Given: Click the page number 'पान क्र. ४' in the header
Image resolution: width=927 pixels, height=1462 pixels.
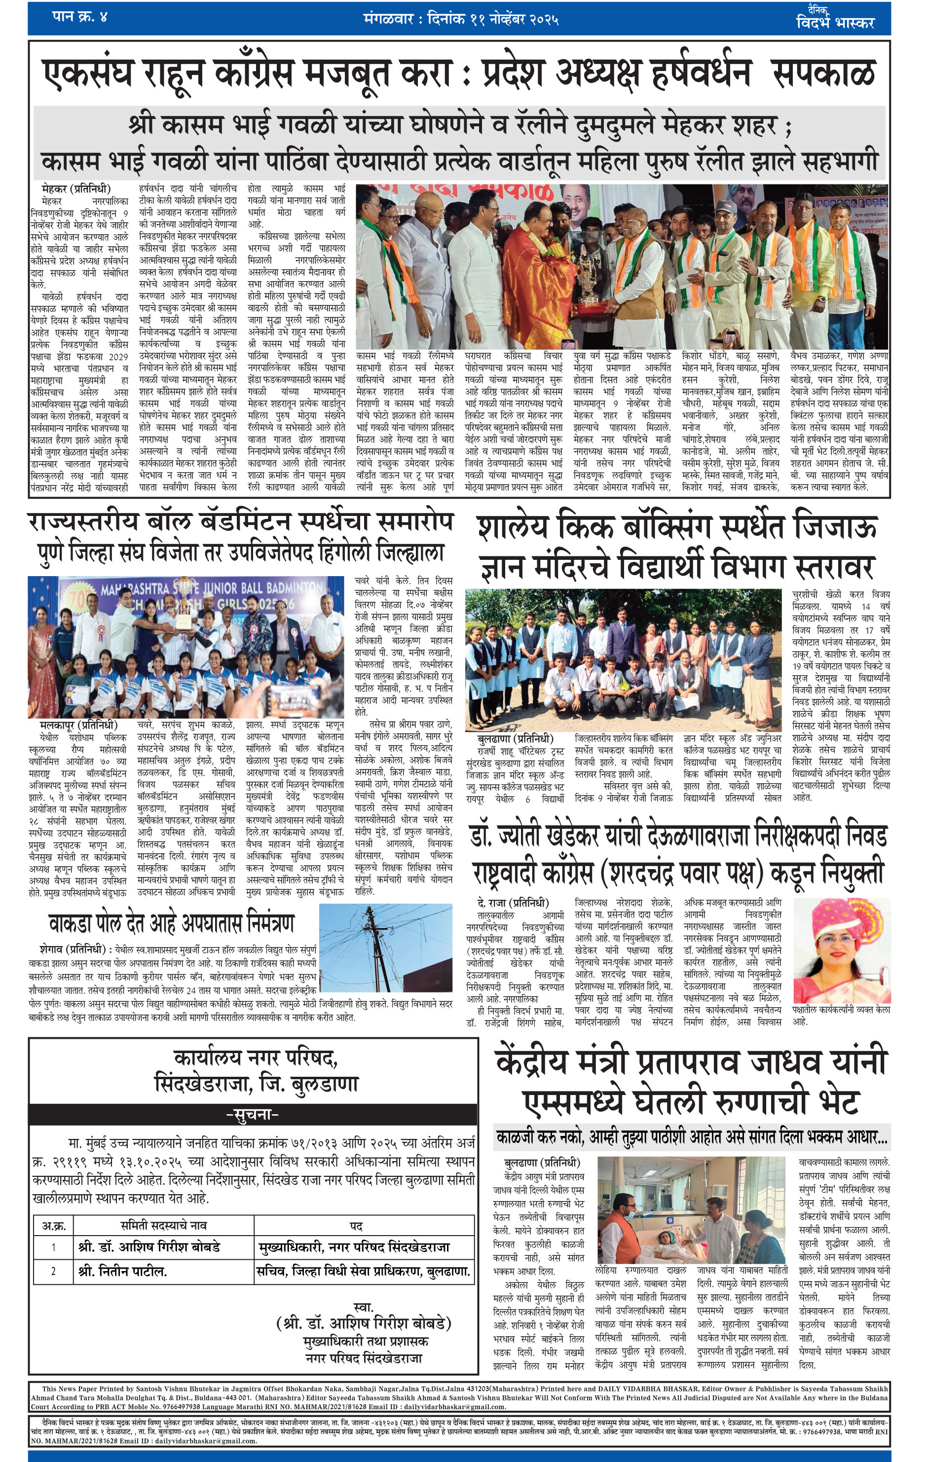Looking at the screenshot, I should (x=79, y=16).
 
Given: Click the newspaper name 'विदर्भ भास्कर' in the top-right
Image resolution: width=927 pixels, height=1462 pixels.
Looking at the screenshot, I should (x=835, y=23).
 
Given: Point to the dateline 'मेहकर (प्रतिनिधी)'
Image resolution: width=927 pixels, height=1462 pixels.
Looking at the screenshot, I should (x=76, y=189).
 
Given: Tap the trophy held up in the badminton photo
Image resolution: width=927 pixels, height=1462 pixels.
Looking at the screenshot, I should (x=182, y=621).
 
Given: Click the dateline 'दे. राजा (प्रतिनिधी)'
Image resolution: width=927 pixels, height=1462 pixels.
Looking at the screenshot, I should (x=513, y=902).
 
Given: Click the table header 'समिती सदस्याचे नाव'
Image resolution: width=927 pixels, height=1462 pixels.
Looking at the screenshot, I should (x=163, y=1226).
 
